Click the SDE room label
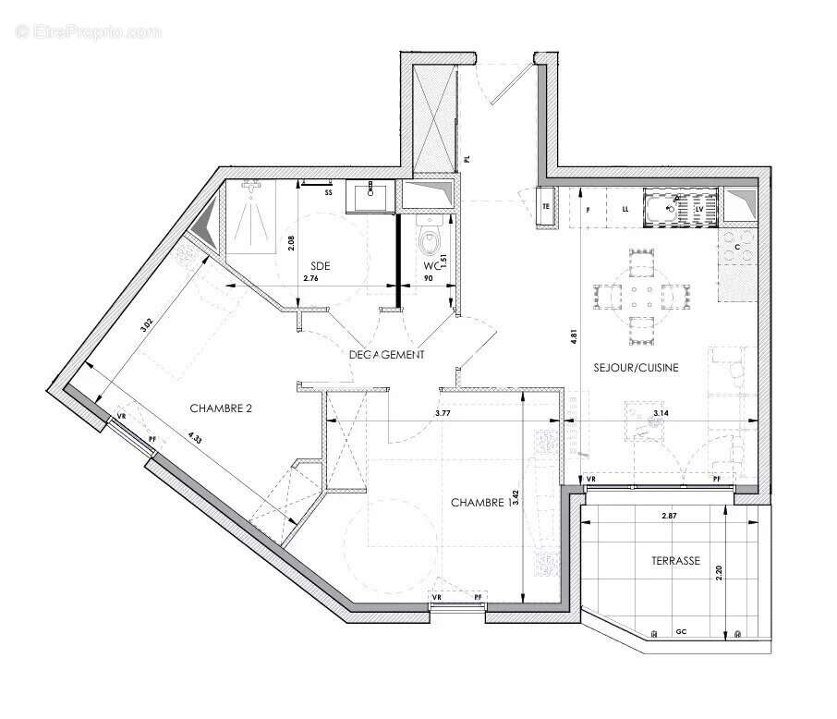point(321,266)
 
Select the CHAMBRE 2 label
point(221,408)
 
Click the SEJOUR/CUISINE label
point(636,367)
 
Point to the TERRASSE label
point(673,561)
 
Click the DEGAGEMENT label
point(387,354)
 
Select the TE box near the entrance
point(546,206)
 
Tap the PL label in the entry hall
point(467,159)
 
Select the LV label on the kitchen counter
point(699,210)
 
